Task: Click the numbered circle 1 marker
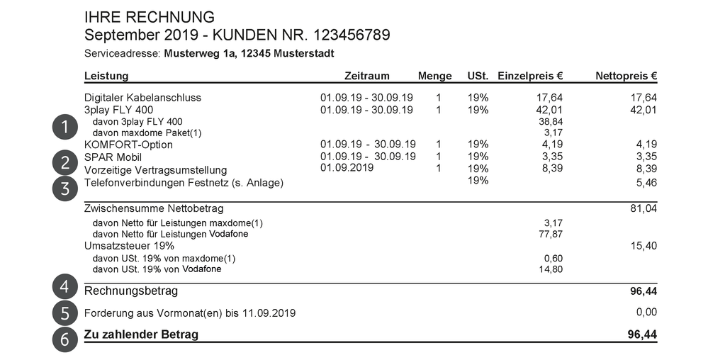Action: coord(64,127)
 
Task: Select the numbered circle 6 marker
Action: coord(64,339)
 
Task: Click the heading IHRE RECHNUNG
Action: coord(149,17)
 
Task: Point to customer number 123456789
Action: coord(346,35)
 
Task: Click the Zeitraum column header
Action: coord(366,76)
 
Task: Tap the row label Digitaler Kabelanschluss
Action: coord(142,98)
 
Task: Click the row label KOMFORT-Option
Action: coord(128,145)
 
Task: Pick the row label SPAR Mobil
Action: coord(113,157)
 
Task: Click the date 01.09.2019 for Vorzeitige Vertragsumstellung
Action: coord(347,168)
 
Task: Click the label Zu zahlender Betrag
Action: coord(141,334)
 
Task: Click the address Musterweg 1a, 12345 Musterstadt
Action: coord(249,54)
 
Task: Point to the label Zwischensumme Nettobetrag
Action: coord(154,209)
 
